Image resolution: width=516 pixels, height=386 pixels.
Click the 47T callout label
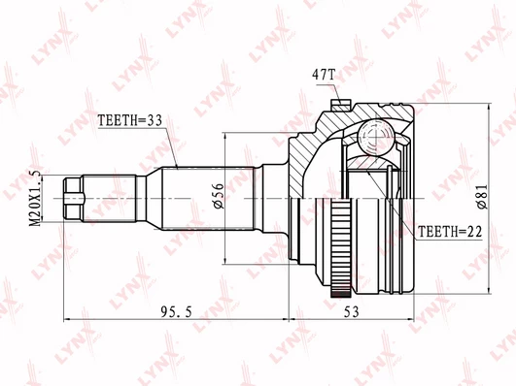[324, 76]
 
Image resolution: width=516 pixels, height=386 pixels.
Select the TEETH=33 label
[130, 120]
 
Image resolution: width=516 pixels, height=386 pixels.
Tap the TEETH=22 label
[450, 232]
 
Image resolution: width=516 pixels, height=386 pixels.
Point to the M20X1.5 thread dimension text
[35, 198]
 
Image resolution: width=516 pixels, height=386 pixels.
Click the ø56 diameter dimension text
[219, 196]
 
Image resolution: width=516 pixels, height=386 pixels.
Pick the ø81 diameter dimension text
[482, 197]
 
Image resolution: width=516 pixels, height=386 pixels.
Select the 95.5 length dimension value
[177, 311]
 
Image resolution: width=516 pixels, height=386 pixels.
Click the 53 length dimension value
[351, 311]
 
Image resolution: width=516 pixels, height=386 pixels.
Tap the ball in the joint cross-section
[375, 136]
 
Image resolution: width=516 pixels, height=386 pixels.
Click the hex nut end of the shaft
[73, 199]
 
